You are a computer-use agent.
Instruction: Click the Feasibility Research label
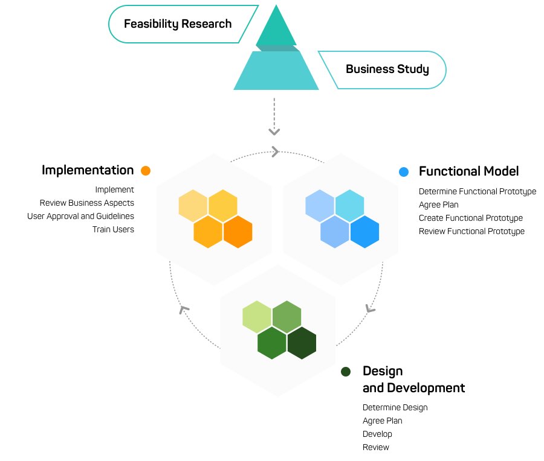(x=178, y=24)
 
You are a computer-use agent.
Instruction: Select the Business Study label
(x=387, y=69)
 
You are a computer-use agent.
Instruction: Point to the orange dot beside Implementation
(x=145, y=171)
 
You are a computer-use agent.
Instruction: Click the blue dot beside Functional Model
(x=404, y=172)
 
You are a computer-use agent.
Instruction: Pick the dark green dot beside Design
(x=346, y=371)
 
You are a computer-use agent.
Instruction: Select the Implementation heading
(x=88, y=170)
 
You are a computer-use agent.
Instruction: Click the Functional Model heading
(x=468, y=171)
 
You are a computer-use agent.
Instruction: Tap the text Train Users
(x=113, y=229)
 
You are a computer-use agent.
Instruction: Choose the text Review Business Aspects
(x=87, y=203)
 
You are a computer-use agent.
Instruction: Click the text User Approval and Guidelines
(x=80, y=216)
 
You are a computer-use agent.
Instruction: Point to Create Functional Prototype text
(x=470, y=218)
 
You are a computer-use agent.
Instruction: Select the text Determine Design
(x=395, y=407)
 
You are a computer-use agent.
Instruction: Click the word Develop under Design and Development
(x=377, y=434)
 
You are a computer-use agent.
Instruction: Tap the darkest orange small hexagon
(x=238, y=232)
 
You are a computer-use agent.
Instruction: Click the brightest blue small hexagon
(x=364, y=232)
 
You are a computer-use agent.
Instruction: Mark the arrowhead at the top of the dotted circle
(x=275, y=151)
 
